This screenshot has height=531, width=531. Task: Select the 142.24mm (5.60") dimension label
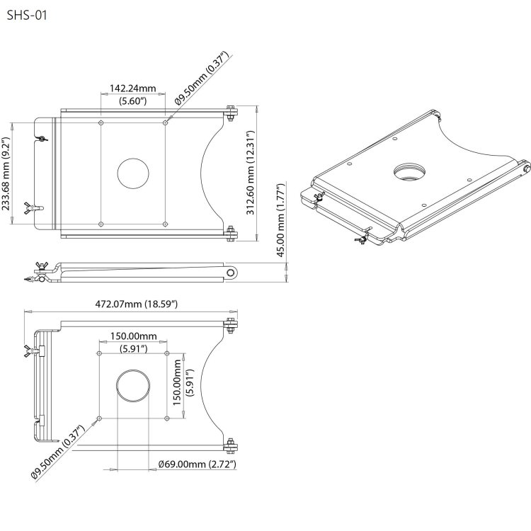pyautogui.click(x=132, y=96)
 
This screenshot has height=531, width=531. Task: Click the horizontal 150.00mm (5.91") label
pyautogui.click(x=132, y=341)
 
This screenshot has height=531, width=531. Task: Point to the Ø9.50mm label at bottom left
pyautogui.click(x=58, y=453)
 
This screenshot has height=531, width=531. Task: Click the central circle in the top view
pyautogui.click(x=133, y=173)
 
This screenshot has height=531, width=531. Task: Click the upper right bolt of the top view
pyautogui.click(x=231, y=113)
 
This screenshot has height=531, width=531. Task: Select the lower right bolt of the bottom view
pyautogui.click(x=230, y=446)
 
